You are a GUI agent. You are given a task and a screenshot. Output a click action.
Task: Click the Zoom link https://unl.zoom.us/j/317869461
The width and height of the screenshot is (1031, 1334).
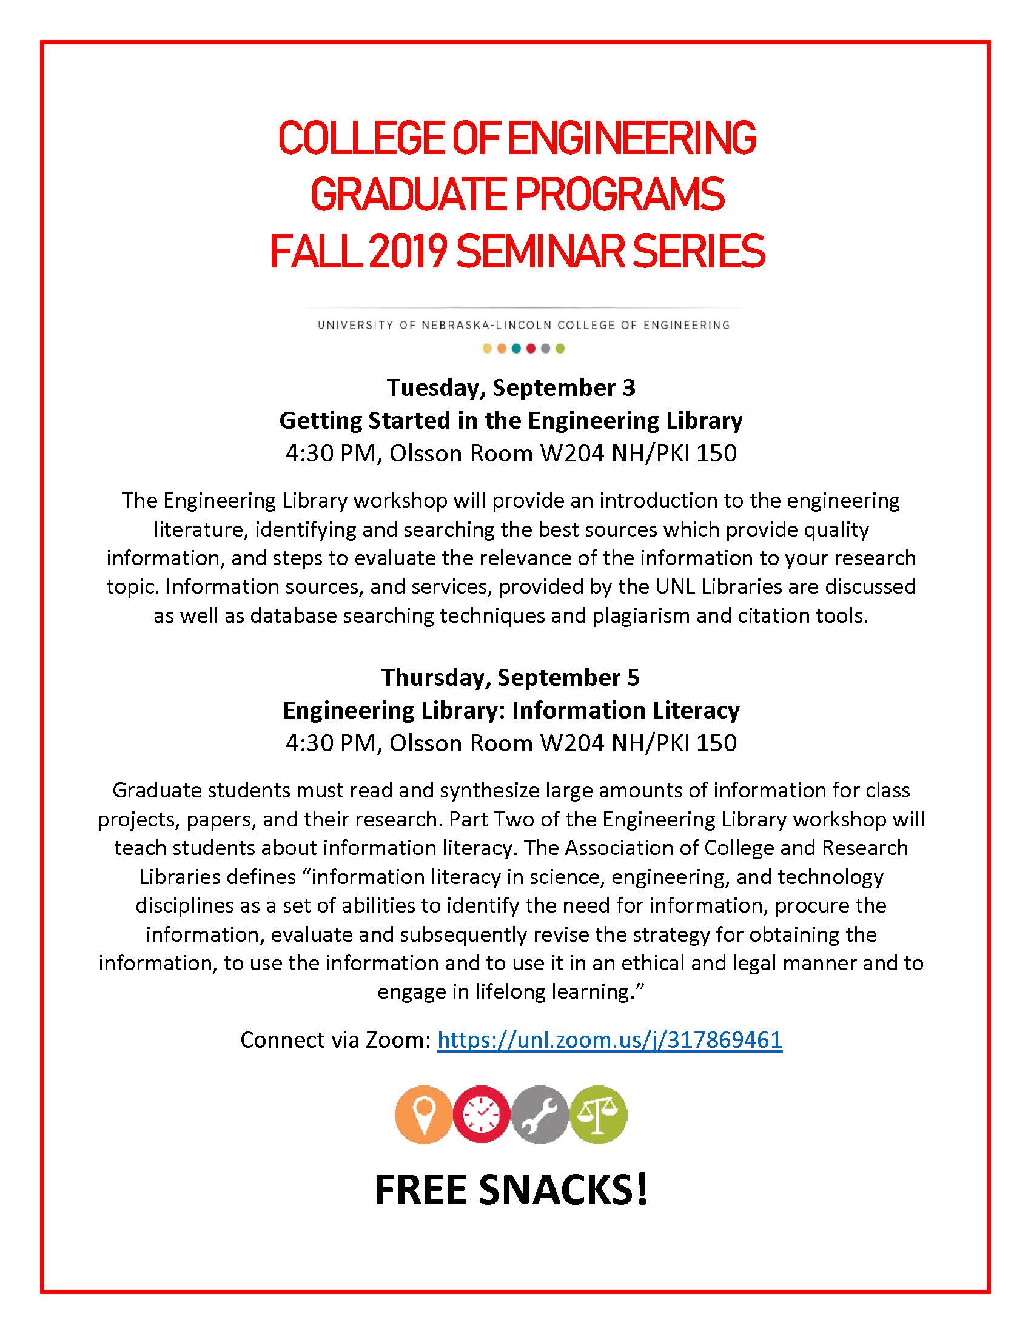tap(609, 1039)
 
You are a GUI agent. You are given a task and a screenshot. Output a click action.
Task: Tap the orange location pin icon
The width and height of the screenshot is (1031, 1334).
tap(424, 1114)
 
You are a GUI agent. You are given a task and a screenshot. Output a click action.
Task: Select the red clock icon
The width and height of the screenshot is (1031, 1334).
tap(482, 1114)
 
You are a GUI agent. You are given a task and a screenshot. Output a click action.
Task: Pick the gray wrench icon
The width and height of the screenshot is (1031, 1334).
tap(540, 1114)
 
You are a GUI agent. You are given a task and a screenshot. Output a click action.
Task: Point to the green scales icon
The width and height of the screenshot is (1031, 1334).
tap(598, 1114)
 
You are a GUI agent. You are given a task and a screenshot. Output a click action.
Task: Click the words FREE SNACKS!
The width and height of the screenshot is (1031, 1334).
tap(511, 1189)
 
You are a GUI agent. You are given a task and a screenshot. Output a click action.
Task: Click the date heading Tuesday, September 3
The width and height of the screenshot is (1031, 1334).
tap(511, 387)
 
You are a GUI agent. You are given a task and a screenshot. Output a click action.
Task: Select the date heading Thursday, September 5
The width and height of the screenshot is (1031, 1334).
tap(511, 677)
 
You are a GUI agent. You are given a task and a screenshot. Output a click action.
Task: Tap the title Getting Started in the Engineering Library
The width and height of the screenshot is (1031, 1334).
tap(511, 420)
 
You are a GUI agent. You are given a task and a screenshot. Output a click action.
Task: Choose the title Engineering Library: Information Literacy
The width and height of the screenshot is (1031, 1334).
tap(511, 710)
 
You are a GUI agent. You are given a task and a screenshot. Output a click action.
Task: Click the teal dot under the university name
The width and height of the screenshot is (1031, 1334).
tap(516, 349)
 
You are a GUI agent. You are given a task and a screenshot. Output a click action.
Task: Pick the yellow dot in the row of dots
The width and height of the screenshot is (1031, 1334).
tap(487, 349)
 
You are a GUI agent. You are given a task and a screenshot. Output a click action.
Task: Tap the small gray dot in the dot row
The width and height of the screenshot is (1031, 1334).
tap(545, 349)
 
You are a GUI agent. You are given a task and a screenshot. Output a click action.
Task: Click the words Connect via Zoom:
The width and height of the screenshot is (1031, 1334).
tap(336, 1039)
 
